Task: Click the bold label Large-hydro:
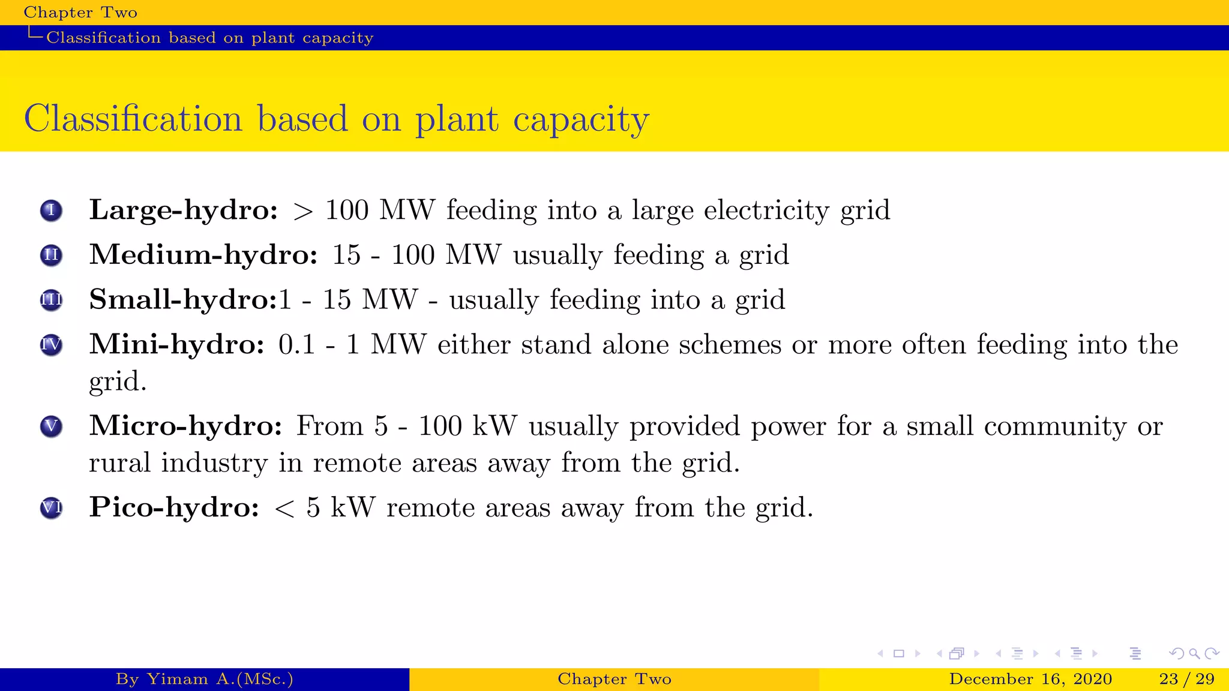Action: click(183, 210)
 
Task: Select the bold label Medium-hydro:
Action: click(203, 255)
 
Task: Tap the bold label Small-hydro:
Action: click(183, 299)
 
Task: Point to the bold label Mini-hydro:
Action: click(176, 344)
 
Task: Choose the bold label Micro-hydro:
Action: click(185, 426)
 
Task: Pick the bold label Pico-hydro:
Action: click(174, 507)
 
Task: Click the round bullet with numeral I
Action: click(51, 211)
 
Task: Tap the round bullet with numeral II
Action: click(51, 256)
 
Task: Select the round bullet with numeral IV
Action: click(51, 345)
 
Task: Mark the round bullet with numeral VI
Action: click(51, 508)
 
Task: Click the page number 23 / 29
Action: click(1186, 679)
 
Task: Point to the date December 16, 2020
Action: click(1030, 679)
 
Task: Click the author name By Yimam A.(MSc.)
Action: click(205, 679)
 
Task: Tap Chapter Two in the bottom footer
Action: click(614, 679)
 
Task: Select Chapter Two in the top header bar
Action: click(80, 13)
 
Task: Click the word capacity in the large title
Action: click(580, 119)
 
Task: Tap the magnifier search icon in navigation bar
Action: click(1194, 653)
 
